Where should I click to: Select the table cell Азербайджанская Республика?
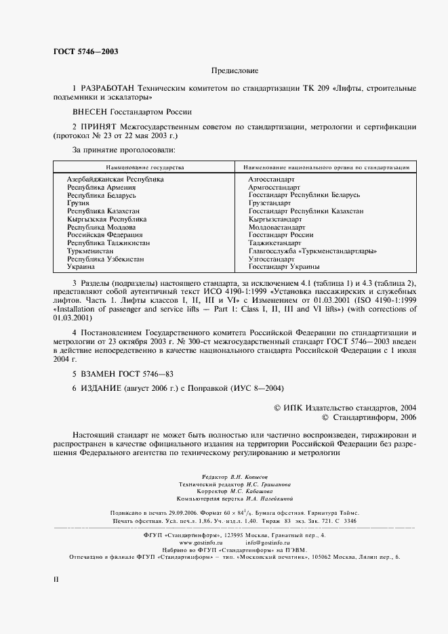coord(115,179)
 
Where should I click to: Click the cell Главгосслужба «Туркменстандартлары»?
coord(313,251)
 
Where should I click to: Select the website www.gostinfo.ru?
coord(201,543)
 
